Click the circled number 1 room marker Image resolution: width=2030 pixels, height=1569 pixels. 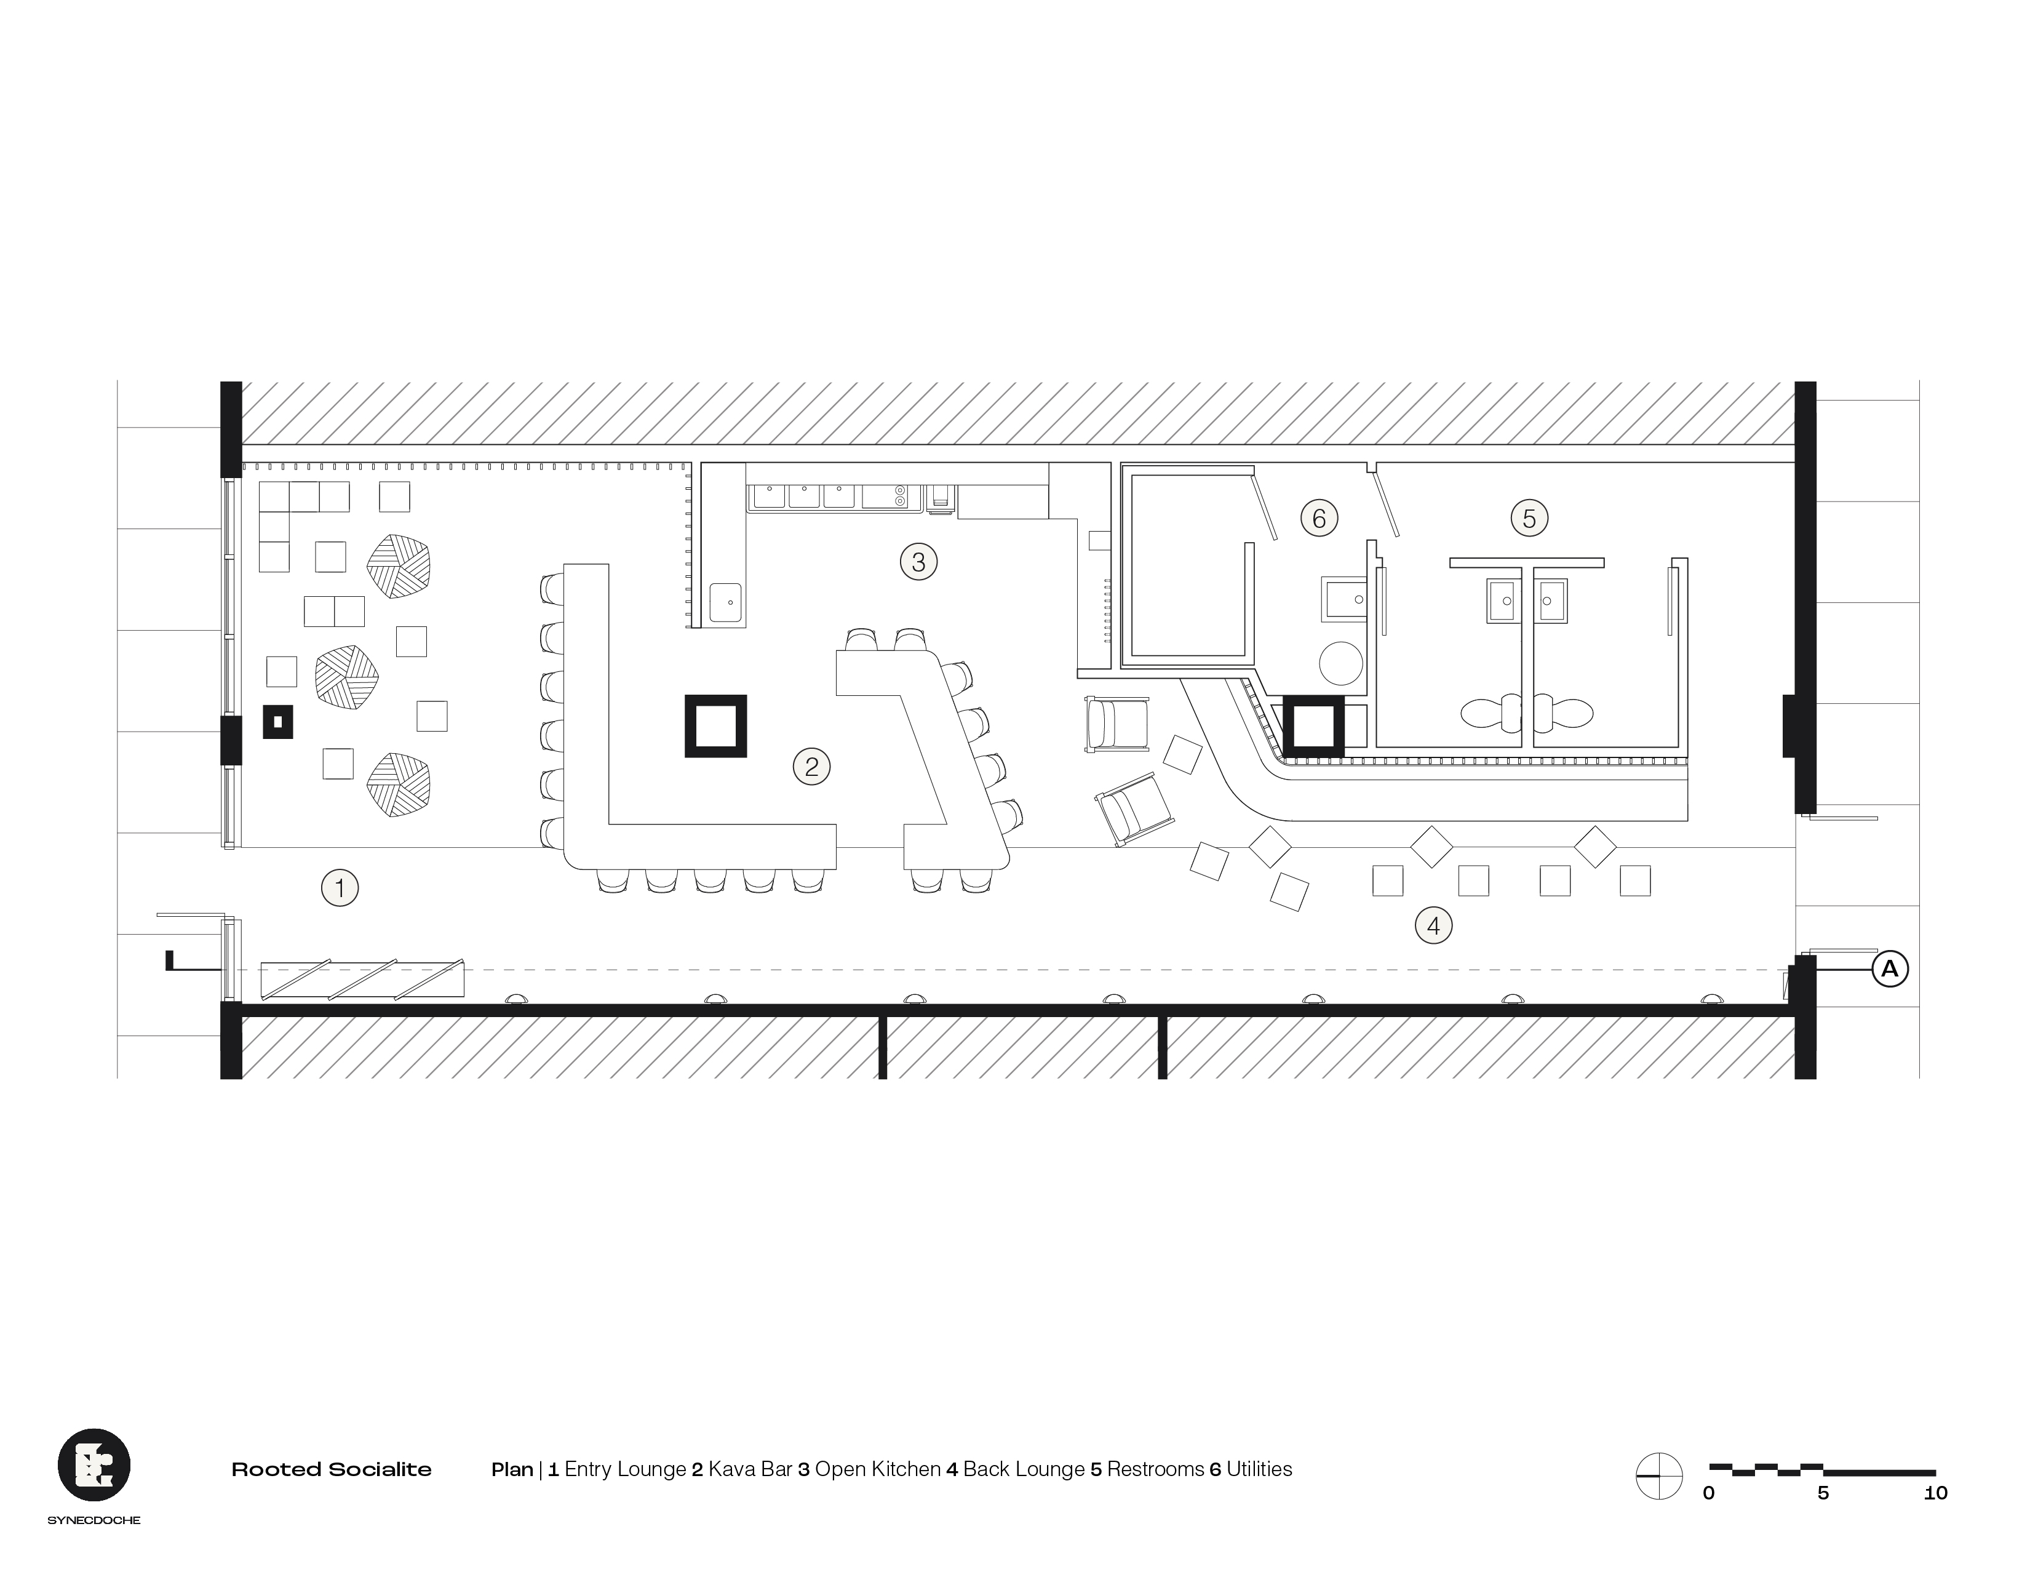340,888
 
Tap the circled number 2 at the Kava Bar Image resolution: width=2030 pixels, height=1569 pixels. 811,767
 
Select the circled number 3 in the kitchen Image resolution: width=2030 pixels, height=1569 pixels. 918,561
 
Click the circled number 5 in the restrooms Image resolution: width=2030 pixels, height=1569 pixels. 1529,517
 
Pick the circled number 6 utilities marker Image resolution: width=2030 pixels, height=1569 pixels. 1318,517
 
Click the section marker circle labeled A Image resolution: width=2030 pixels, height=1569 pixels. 1889,970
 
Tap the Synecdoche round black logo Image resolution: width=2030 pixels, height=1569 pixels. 94,1465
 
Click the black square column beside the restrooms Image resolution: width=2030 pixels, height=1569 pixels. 1313,725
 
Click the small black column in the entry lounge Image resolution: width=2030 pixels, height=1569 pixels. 277,721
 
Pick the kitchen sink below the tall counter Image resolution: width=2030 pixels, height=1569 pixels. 725,602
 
